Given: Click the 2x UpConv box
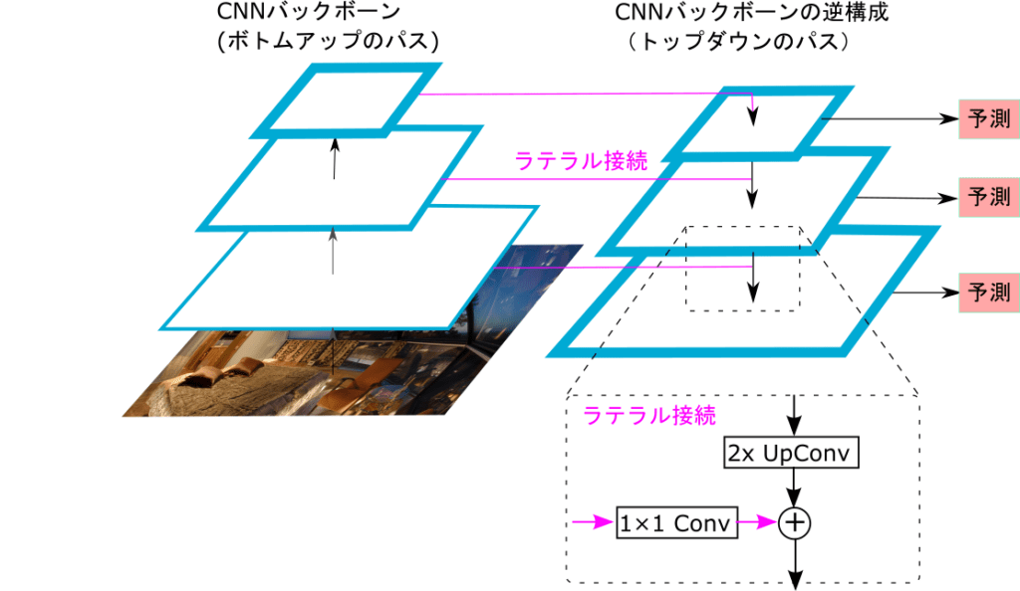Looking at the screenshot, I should pyautogui.click(x=791, y=454).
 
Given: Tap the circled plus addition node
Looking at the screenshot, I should pyautogui.click(x=794, y=521).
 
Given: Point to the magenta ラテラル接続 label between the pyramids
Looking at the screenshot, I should pyautogui.click(x=580, y=160).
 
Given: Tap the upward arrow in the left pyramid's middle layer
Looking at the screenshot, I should pyautogui.click(x=335, y=159).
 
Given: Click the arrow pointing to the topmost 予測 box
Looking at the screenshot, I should pyautogui.click(x=896, y=117).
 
